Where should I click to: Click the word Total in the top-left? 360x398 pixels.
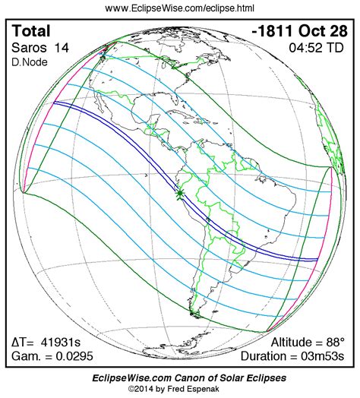33,31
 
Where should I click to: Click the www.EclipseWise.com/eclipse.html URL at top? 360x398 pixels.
180,8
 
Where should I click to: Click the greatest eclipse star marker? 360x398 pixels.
179,195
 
